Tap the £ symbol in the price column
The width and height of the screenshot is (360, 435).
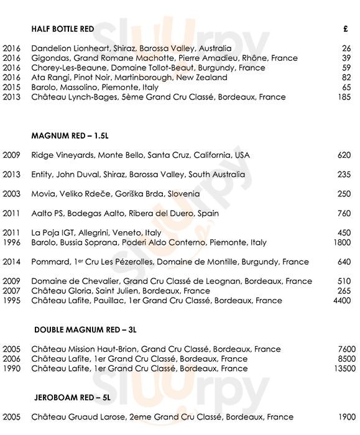point(346,29)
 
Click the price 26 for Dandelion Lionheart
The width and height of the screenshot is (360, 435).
point(346,48)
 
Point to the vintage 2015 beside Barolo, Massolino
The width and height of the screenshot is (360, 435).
point(12,88)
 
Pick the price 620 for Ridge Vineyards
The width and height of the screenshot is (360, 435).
point(344,155)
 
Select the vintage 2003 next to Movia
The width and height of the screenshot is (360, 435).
point(12,194)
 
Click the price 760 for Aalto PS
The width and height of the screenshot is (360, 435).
point(344,213)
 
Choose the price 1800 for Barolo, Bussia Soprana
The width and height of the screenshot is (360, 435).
point(341,242)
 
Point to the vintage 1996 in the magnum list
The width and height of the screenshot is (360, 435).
point(12,242)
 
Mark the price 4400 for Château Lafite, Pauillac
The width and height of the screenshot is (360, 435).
point(341,301)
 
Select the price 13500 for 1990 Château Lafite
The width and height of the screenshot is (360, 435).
point(339,369)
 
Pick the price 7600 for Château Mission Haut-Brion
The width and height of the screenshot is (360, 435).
point(341,349)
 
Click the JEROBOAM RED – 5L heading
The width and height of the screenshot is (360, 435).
point(72,398)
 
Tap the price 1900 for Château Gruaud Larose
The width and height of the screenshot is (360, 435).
point(341,417)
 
